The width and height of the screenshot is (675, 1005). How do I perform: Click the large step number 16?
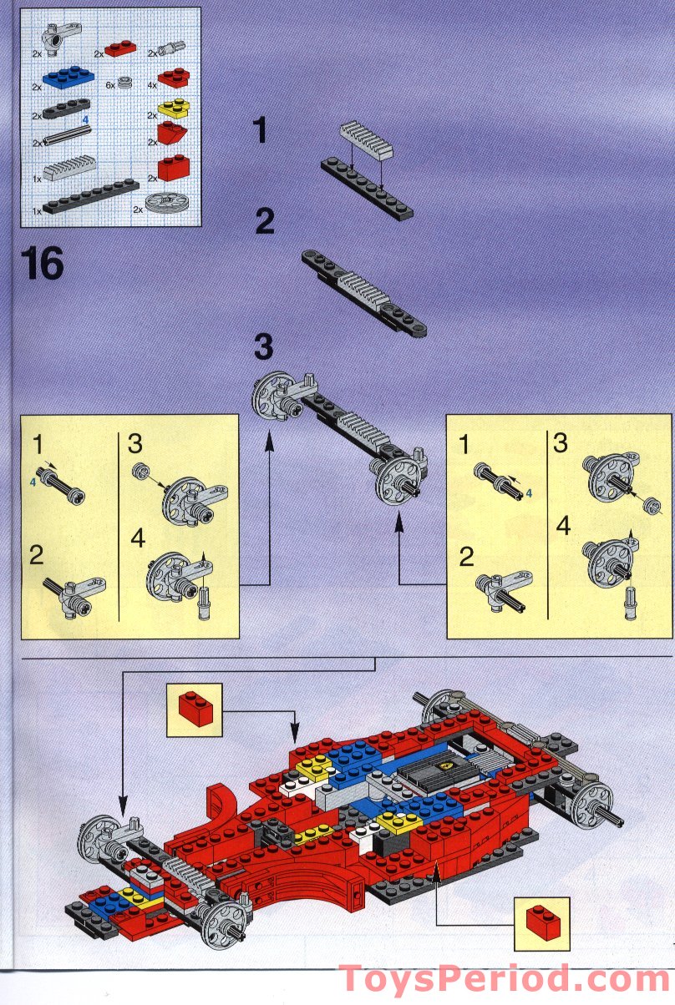tap(43, 263)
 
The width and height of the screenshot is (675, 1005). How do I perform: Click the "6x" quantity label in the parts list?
tap(109, 85)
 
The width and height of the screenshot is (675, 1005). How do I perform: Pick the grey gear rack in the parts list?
tap(74, 172)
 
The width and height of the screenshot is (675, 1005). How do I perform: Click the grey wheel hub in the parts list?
tap(165, 204)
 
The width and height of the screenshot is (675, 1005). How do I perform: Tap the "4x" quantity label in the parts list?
tap(151, 85)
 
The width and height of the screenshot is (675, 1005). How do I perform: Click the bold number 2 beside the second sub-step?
tap(264, 221)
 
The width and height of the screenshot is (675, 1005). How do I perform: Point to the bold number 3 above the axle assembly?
tap(264, 347)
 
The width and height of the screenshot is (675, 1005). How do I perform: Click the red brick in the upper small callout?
tap(195, 710)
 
